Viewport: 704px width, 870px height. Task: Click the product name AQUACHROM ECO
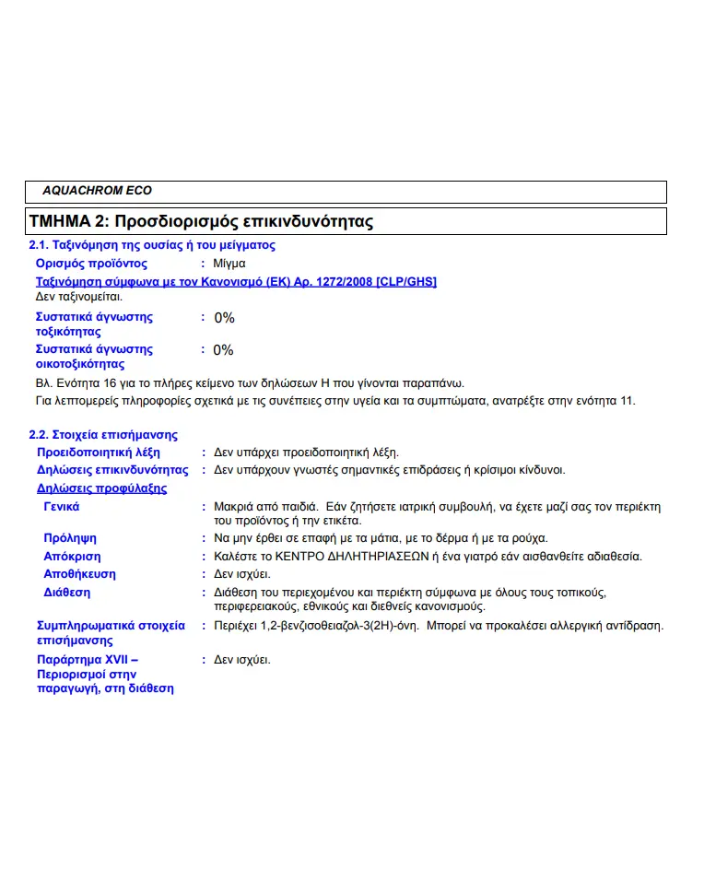click(x=97, y=191)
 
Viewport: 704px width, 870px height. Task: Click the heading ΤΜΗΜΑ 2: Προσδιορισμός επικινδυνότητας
click(x=201, y=222)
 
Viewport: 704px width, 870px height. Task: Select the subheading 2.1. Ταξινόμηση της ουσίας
click(x=152, y=245)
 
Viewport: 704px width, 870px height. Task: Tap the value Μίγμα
click(x=229, y=264)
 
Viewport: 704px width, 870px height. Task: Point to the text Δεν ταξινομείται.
click(x=78, y=297)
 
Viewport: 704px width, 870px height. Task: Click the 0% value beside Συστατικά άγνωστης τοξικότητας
click(x=224, y=318)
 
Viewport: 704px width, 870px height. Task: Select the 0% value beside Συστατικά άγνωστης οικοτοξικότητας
click(x=224, y=350)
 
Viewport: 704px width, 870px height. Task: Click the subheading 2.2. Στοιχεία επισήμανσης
click(x=103, y=435)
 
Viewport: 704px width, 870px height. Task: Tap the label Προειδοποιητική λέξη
click(x=98, y=453)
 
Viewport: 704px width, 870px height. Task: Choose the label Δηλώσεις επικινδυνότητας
click(x=112, y=470)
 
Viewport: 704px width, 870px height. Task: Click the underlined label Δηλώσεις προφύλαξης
click(x=101, y=488)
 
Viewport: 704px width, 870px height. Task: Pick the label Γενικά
click(x=62, y=507)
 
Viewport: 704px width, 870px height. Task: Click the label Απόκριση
click(x=72, y=557)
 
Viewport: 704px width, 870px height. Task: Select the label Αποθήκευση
click(x=79, y=574)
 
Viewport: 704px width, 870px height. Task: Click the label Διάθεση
click(x=66, y=593)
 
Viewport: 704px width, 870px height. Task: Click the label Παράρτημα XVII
click(x=88, y=660)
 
